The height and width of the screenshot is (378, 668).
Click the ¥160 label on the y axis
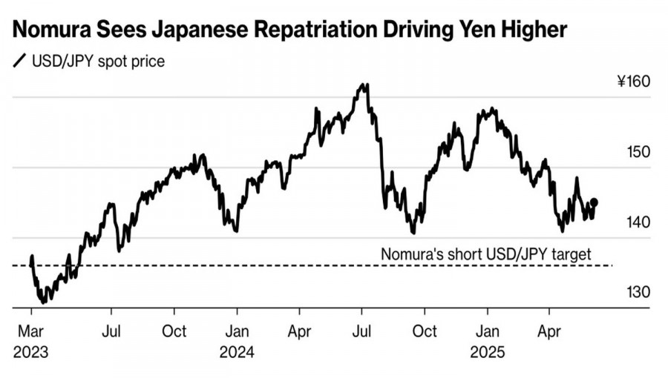click(x=633, y=81)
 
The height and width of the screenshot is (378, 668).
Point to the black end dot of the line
click(x=593, y=202)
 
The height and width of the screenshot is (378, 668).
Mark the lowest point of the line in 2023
click(x=44, y=302)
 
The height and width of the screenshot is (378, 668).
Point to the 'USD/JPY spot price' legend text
click(x=98, y=61)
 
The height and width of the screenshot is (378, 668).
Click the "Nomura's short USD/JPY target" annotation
click(x=486, y=254)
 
